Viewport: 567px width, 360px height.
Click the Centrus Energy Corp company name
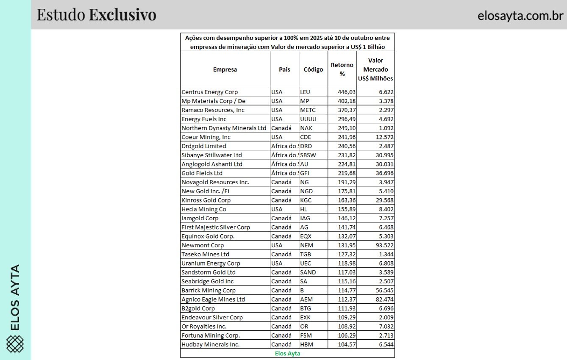click(209, 92)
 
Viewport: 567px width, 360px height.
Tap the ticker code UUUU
click(308, 119)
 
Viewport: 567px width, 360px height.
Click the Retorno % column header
click(342, 69)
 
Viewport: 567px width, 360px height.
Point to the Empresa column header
click(225, 69)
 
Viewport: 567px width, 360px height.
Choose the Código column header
click(313, 69)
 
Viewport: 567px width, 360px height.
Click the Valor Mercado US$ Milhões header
click(375, 69)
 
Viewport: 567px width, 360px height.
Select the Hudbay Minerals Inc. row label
click(210, 344)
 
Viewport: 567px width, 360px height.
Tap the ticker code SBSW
click(308, 155)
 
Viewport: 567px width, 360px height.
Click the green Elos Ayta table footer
click(287, 353)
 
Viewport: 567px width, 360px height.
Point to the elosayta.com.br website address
click(520, 16)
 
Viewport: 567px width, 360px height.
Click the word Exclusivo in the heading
click(122, 15)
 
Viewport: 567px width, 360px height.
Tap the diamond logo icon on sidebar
click(15, 343)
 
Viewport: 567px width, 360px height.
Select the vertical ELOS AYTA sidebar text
click(15, 297)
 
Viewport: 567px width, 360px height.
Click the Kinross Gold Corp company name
click(206, 200)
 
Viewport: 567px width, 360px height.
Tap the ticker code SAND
click(308, 272)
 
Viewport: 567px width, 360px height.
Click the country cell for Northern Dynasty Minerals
click(281, 128)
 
